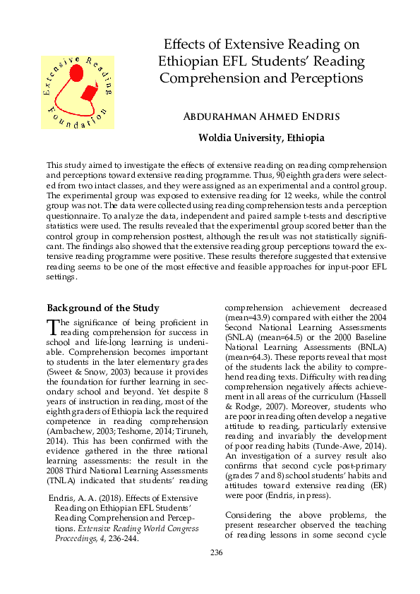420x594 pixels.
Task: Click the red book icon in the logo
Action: pyautogui.click(x=90, y=92)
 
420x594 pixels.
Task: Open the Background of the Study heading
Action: pyautogui.click(x=102, y=308)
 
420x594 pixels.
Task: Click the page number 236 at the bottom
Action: pyautogui.click(x=216, y=571)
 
